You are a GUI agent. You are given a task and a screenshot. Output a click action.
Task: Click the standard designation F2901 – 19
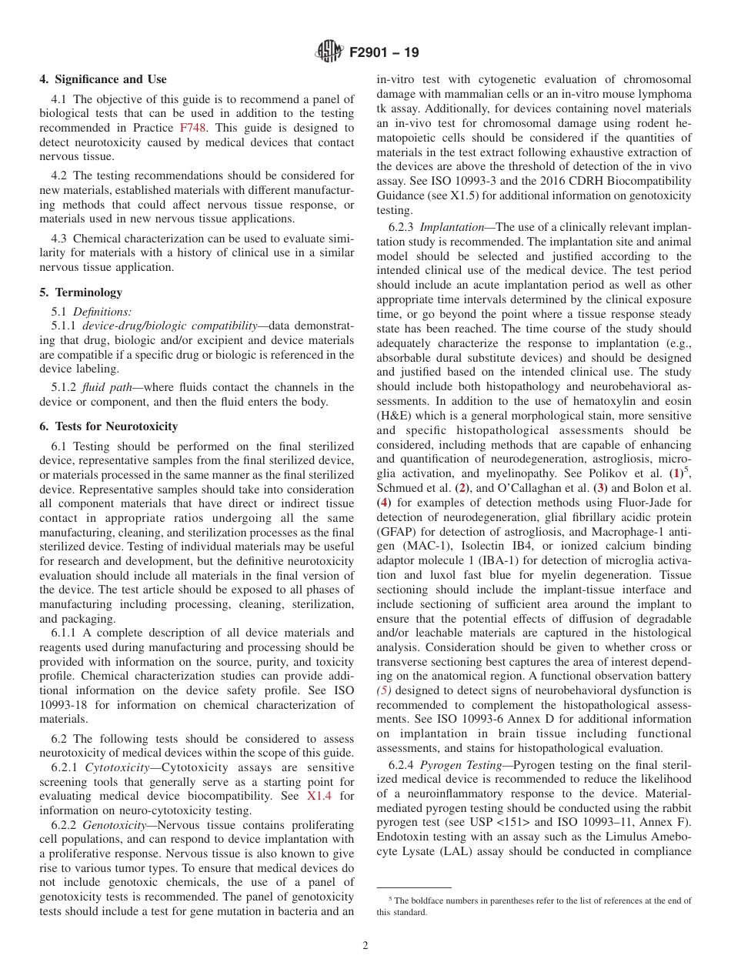[384, 53]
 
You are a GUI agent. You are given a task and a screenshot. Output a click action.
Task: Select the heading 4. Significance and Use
[103, 79]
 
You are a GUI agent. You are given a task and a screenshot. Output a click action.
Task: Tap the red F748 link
[192, 128]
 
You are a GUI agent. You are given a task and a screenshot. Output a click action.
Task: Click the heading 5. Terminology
[81, 292]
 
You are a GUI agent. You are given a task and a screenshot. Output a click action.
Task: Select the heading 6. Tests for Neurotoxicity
[108, 426]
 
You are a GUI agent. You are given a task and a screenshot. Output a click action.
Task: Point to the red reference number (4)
[384, 503]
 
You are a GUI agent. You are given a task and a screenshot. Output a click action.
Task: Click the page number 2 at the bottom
[365, 946]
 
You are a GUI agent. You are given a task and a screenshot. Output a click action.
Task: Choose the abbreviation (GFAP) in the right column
[396, 532]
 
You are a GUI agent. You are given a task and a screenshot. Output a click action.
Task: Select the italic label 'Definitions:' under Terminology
[102, 312]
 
